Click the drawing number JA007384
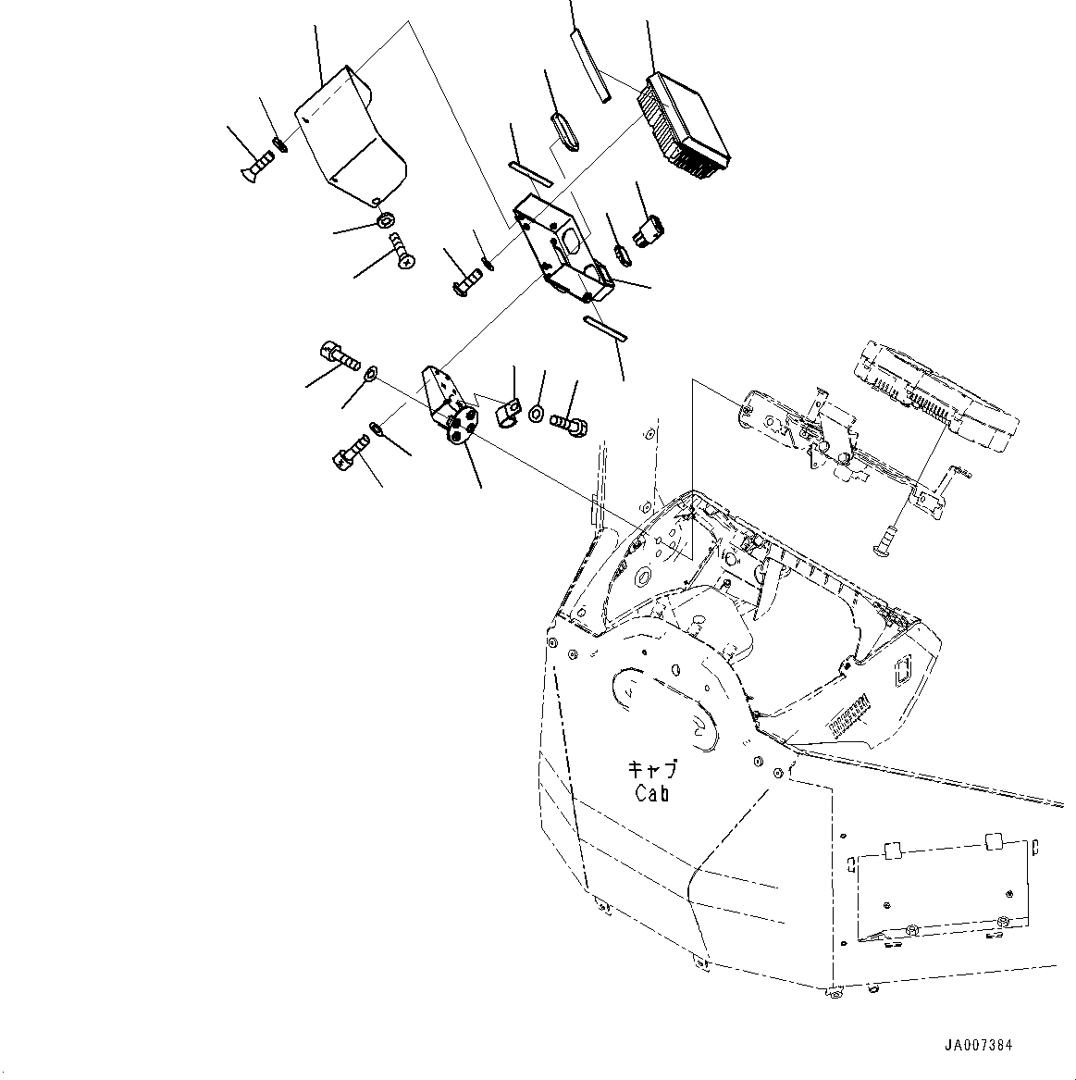[x=978, y=1045]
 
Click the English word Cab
[x=652, y=793]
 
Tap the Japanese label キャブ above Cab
[x=652, y=770]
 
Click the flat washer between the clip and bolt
[x=537, y=411]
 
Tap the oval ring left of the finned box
[x=564, y=130]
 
